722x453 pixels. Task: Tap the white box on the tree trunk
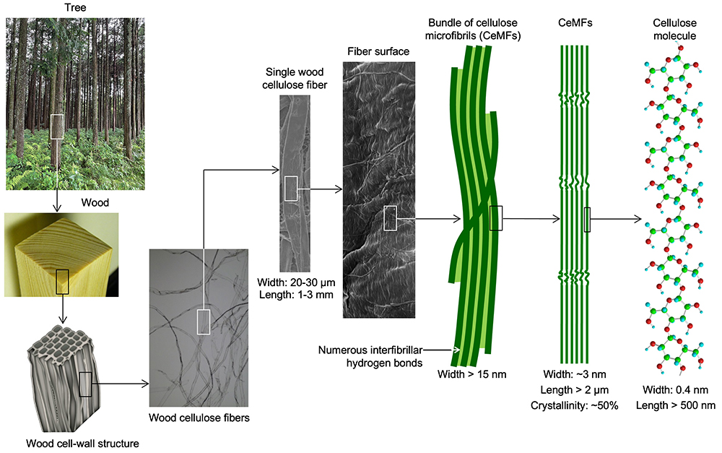tap(56, 126)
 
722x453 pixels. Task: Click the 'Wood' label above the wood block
tap(95, 203)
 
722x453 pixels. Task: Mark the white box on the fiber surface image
tap(390, 217)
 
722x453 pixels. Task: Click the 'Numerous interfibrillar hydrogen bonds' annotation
tap(369, 356)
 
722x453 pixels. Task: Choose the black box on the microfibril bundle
tap(495, 217)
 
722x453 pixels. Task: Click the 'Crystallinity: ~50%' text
tap(574, 405)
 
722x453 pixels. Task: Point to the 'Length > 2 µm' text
tap(574, 390)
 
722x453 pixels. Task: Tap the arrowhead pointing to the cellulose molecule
tap(638, 218)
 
